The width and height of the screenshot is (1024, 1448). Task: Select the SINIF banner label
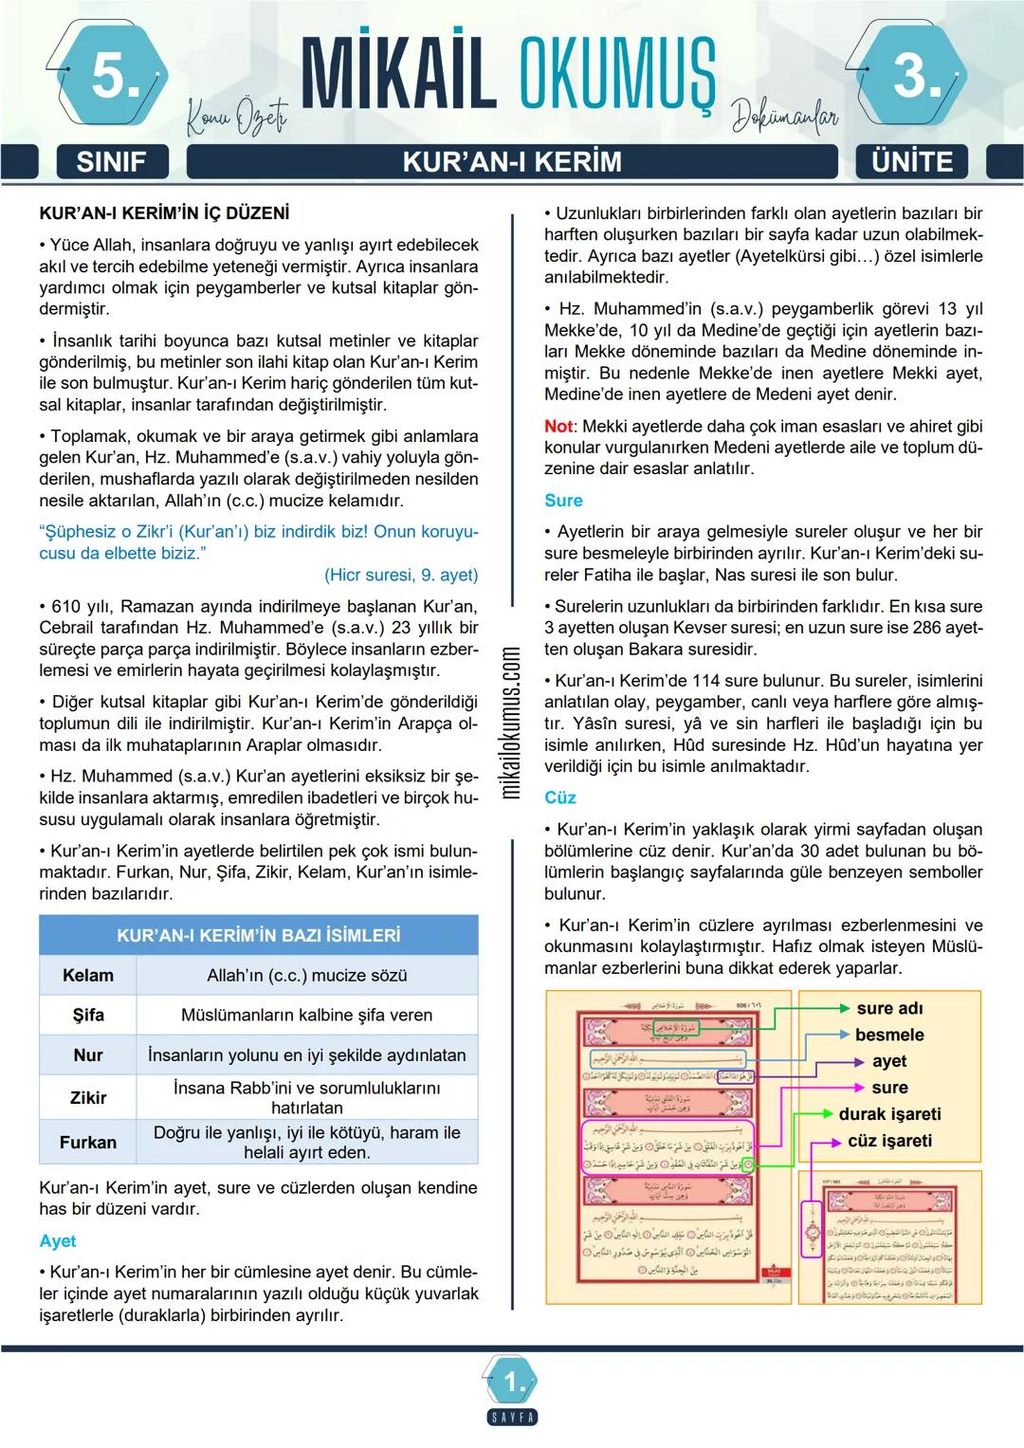[110, 161]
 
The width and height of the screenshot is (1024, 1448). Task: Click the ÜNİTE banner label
[913, 161]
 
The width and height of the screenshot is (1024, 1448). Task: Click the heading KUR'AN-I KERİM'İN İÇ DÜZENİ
[165, 213]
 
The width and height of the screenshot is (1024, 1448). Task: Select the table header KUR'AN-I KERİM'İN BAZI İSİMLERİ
[258, 935]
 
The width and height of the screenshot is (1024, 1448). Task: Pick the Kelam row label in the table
[88, 975]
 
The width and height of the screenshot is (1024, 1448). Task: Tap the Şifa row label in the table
[88, 1015]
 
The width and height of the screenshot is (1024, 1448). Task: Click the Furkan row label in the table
[88, 1142]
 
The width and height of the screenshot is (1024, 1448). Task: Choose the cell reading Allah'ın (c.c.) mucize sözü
[307, 975]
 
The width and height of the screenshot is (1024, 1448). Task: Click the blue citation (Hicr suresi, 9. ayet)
[401, 575]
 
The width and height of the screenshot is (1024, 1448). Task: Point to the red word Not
[559, 426]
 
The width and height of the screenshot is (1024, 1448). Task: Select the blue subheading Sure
[563, 500]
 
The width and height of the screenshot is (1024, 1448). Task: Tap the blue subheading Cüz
[560, 797]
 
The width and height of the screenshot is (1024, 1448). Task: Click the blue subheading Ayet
[58, 1240]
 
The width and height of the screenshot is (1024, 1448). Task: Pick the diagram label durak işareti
[889, 1114]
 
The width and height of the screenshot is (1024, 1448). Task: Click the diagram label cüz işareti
[889, 1141]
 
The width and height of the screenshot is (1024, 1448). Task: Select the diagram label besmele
[889, 1035]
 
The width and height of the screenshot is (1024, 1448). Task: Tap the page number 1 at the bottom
[513, 1384]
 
